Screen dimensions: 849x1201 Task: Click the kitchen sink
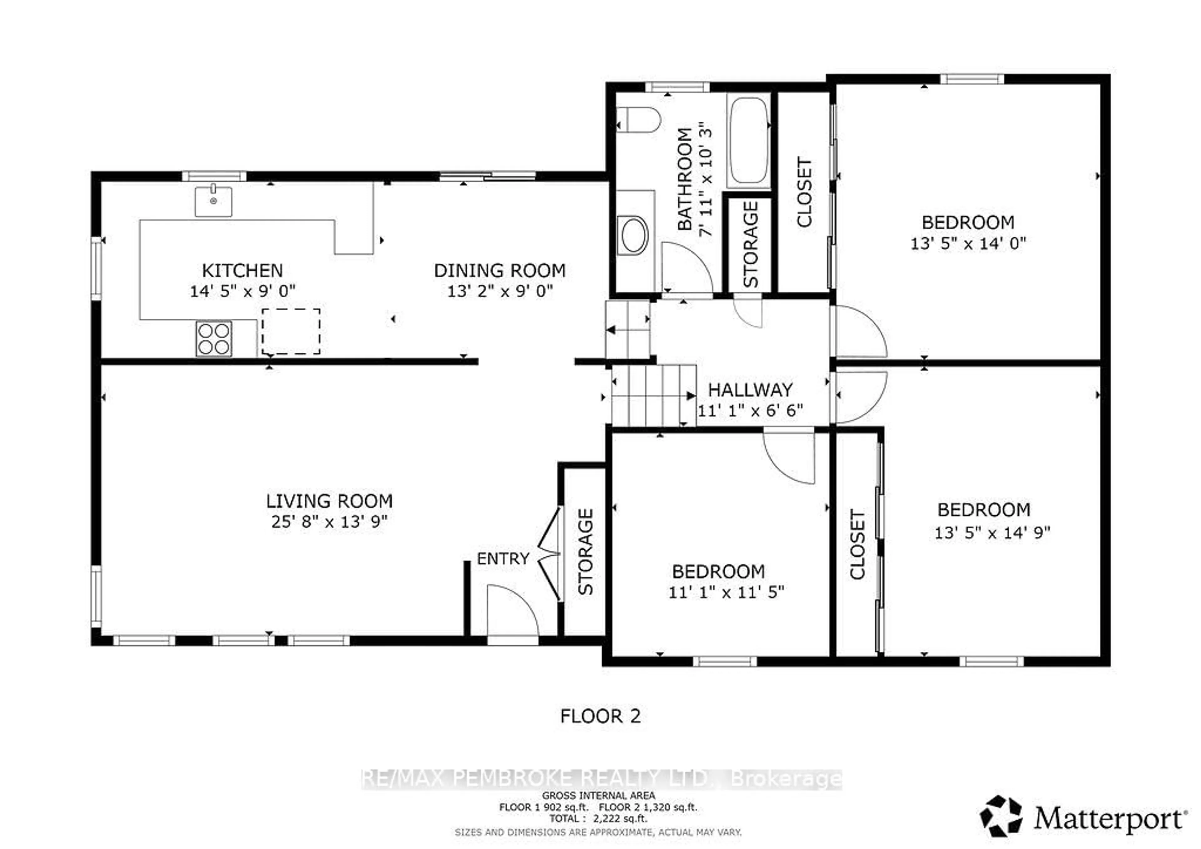click(213, 201)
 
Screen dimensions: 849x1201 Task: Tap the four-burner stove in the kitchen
click(213, 338)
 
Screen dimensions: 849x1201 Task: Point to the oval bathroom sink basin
click(633, 236)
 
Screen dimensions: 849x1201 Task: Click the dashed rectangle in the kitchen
click(291, 331)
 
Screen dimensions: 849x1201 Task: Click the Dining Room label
click(499, 270)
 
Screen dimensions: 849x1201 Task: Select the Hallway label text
click(750, 390)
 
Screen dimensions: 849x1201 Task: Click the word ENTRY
click(503, 559)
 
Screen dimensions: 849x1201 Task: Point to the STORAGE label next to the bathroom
click(750, 244)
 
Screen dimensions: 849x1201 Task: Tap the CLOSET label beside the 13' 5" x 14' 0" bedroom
click(804, 192)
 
